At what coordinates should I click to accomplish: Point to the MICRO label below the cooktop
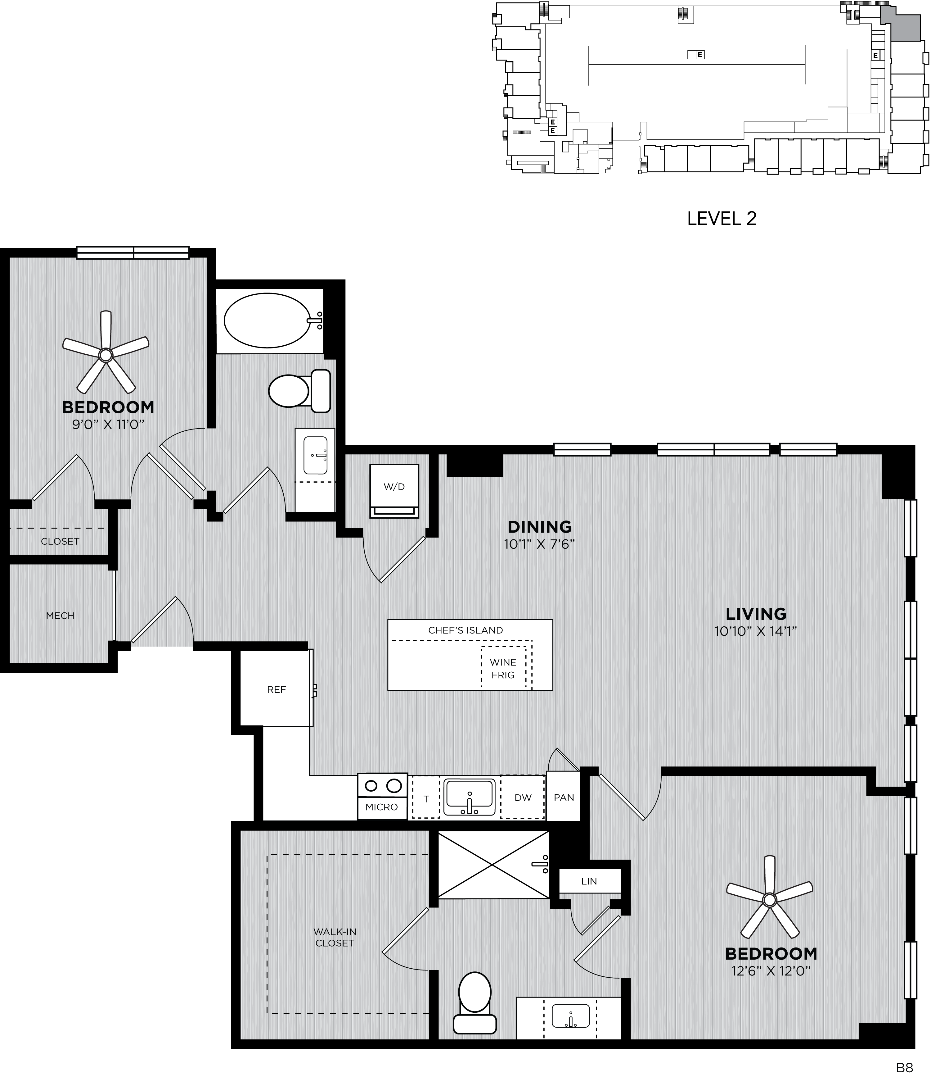[x=381, y=807]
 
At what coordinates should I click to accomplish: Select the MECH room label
[x=60, y=616]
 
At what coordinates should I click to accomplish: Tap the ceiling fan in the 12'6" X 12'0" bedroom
[x=769, y=898]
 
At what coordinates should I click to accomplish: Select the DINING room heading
[x=539, y=527]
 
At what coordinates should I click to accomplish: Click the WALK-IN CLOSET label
[x=335, y=938]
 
